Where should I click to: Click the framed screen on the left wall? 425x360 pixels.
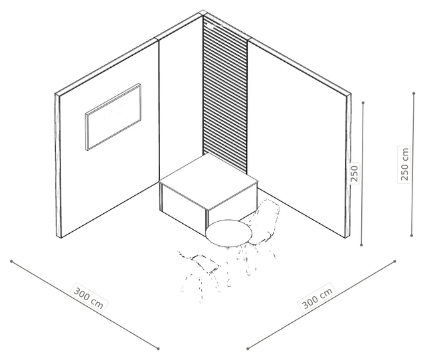point(114,117)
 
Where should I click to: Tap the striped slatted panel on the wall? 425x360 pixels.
point(225,95)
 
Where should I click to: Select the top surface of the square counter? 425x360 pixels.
point(209,181)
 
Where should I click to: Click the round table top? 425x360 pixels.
point(228,233)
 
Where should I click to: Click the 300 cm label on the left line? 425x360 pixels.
point(89,298)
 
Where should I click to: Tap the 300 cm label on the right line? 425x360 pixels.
point(317,298)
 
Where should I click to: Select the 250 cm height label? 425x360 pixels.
point(404,164)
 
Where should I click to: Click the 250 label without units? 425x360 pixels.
point(354,174)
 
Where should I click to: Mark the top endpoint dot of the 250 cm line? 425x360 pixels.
point(414,94)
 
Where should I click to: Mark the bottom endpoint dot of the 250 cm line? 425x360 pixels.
point(412,236)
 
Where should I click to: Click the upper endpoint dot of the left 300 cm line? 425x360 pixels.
point(11,261)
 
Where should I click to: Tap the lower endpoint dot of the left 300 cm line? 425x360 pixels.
point(158,349)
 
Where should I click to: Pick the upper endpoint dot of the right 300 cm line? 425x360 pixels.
point(394,261)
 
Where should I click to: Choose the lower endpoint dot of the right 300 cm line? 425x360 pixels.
point(248,349)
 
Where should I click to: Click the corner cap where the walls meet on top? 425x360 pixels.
point(203,13)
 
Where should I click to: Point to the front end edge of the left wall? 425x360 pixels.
point(58,166)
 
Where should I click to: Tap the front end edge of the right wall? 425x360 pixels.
point(348,166)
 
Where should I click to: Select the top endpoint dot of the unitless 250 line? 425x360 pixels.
point(363,103)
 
